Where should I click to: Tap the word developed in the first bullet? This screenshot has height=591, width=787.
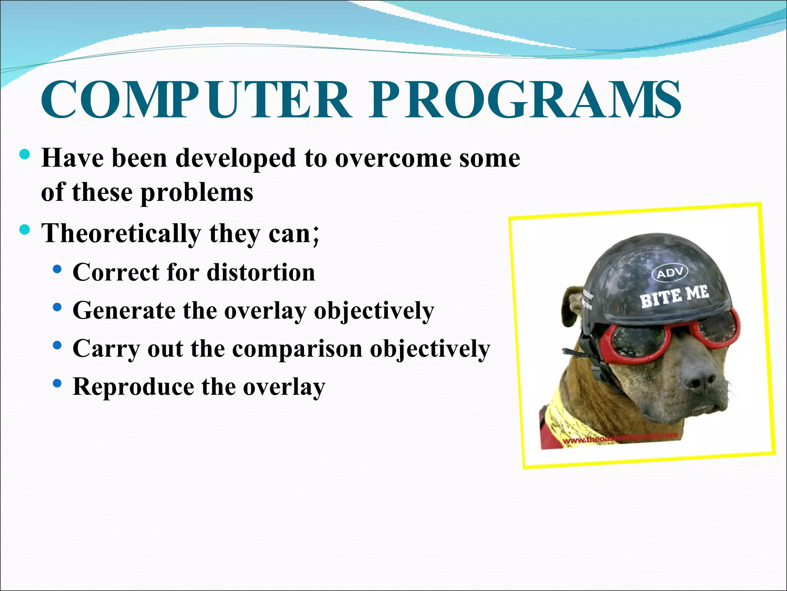click(236, 158)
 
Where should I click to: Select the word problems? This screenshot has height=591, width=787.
click(197, 192)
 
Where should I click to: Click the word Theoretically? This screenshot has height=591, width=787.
click(121, 233)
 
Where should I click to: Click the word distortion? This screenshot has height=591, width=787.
click(261, 272)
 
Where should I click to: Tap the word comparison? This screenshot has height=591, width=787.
click(297, 349)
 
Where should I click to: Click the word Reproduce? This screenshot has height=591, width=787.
click(133, 387)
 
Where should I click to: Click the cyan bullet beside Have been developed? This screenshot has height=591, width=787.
click(24, 155)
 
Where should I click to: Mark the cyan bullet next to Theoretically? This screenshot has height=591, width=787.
click(24, 230)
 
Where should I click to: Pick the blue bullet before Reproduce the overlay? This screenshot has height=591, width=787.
click(58, 384)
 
